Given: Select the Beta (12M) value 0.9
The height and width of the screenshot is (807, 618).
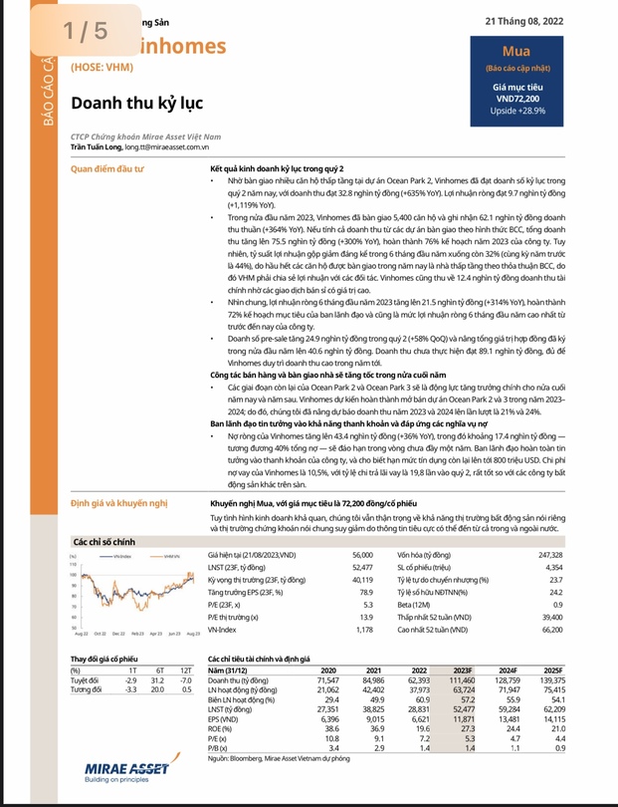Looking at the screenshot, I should pos(585,605).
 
